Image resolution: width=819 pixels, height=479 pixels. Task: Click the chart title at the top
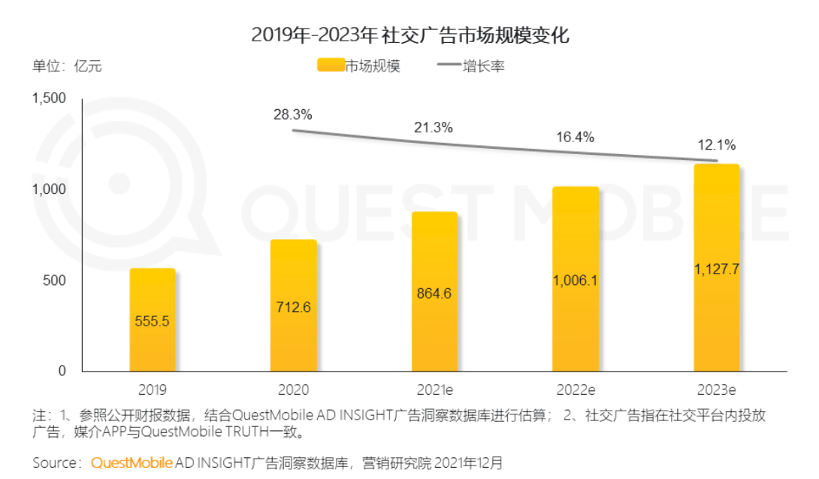point(410,35)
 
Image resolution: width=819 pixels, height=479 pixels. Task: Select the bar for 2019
point(153,320)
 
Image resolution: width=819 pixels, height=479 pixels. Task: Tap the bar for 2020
point(294,305)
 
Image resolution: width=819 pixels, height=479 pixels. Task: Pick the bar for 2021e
point(434,292)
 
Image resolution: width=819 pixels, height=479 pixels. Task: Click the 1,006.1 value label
point(575,280)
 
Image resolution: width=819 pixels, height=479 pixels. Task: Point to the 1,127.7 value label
point(717,269)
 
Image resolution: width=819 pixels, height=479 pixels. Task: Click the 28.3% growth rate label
point(292,114)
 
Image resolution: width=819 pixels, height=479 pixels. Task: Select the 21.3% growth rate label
point(434,128)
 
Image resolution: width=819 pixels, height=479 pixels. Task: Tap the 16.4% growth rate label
point(575,137)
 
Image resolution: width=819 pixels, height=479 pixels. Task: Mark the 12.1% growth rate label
point(717,145)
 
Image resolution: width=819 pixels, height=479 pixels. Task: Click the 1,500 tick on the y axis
point(49,99)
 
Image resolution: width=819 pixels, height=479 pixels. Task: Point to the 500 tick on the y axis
point(54,280)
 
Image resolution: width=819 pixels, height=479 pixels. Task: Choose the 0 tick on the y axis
point(62,371)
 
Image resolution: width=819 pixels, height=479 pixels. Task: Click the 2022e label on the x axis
point(576,390)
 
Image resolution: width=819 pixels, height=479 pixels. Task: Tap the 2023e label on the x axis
point(717,390)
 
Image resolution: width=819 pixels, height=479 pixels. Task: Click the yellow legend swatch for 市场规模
point(331,65)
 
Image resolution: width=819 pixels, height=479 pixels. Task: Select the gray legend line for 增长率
point(449,65)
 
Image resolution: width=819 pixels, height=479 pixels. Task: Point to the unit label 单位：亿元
point(67,66)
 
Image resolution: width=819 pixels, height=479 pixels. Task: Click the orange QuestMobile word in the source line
point(131,462)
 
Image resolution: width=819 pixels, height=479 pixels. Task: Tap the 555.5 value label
point(152,321)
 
